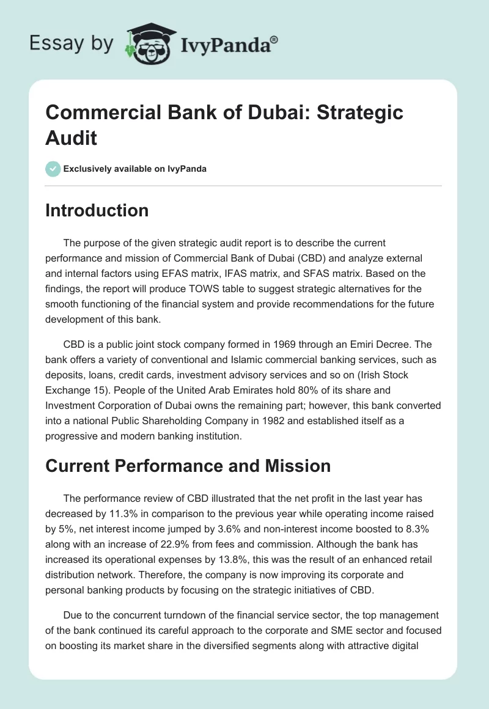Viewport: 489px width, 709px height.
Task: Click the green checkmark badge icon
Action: coord(53,169)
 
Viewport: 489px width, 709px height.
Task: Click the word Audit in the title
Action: coord(72,138)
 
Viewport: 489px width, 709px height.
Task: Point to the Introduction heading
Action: coord(97,210)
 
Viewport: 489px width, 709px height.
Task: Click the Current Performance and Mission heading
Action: coord(188,466)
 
